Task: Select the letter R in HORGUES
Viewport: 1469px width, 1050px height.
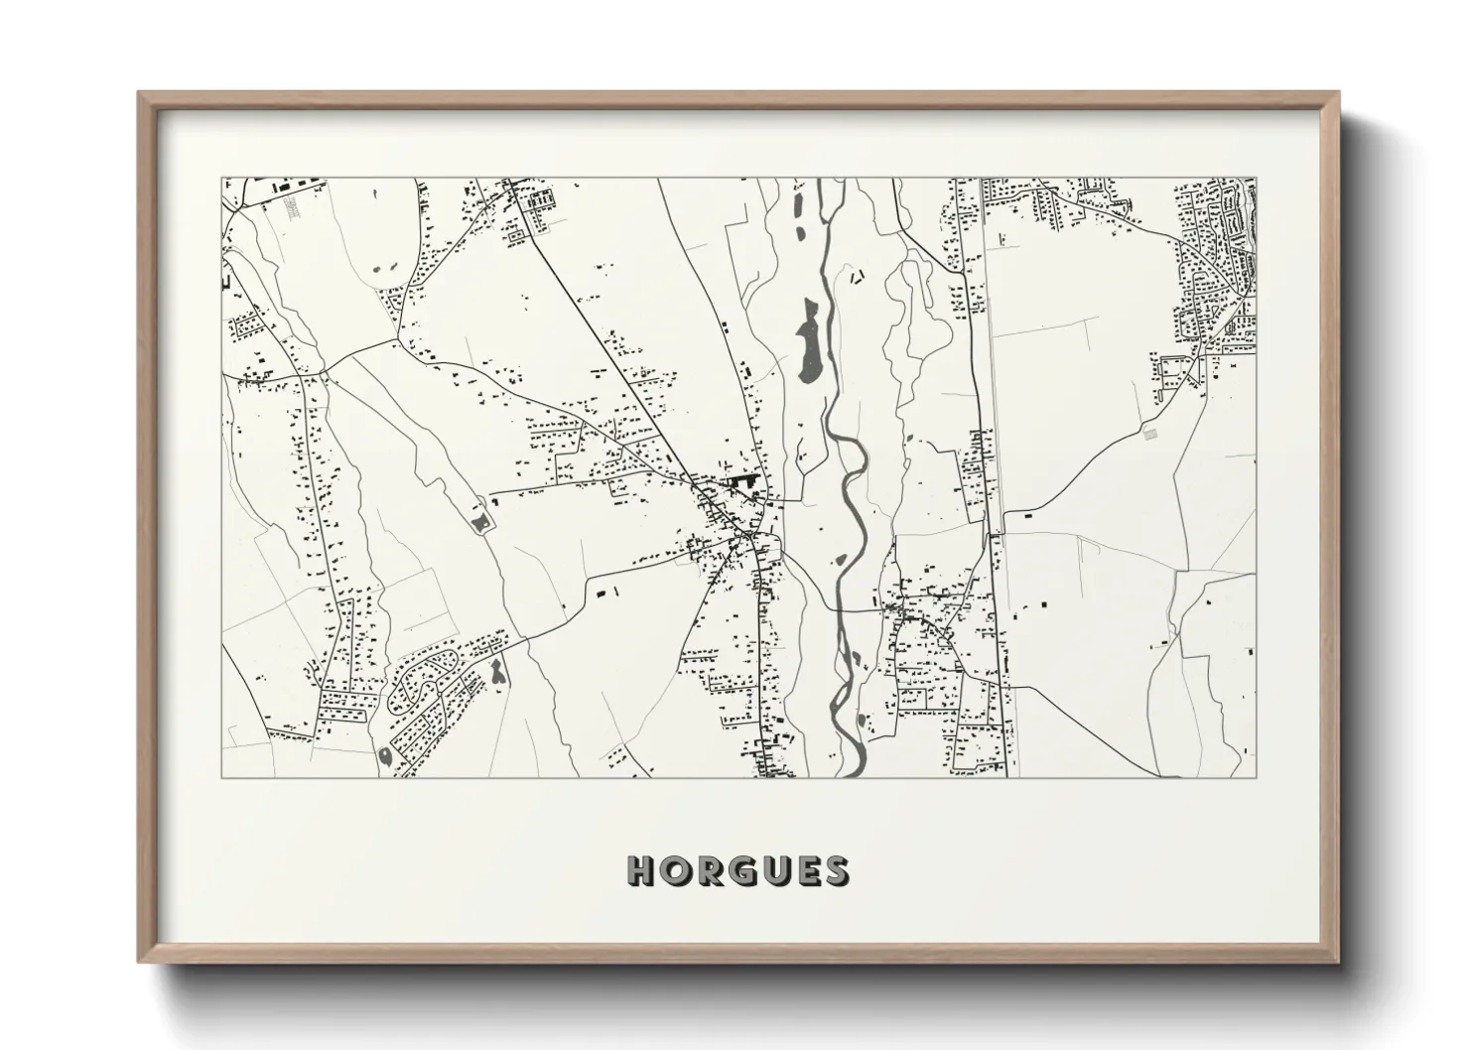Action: pyautogui.click(x=708, y=870)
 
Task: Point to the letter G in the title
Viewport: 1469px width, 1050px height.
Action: pyautogui.click(x=740, y=870)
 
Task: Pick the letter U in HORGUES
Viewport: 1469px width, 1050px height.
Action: pyautogui.click(x=773, y=870)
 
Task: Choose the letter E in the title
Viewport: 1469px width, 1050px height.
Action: pyautogui.click(x=805, y=870)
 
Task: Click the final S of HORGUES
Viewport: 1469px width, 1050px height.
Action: pyautogui.click(x=835, y=870)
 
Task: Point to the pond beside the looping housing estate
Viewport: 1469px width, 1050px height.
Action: pyautogui.click(x=496, y=673)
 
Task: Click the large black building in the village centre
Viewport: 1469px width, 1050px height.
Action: pyautogui.click(x=743, y=481)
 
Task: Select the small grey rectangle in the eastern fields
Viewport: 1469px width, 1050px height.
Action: pyautogui.click(x=1150, y=434)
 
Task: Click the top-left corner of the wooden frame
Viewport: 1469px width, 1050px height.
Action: pyautogui.click(x=139, y=93)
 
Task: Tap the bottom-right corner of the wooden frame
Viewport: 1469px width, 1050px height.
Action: pyautogui.click(x=1337, y=961)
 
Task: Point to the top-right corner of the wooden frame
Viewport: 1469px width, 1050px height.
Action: pyautogui.click(x=1337, y=93)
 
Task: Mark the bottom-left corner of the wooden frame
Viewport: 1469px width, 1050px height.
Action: pyautogui.click(x=139, y=961)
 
